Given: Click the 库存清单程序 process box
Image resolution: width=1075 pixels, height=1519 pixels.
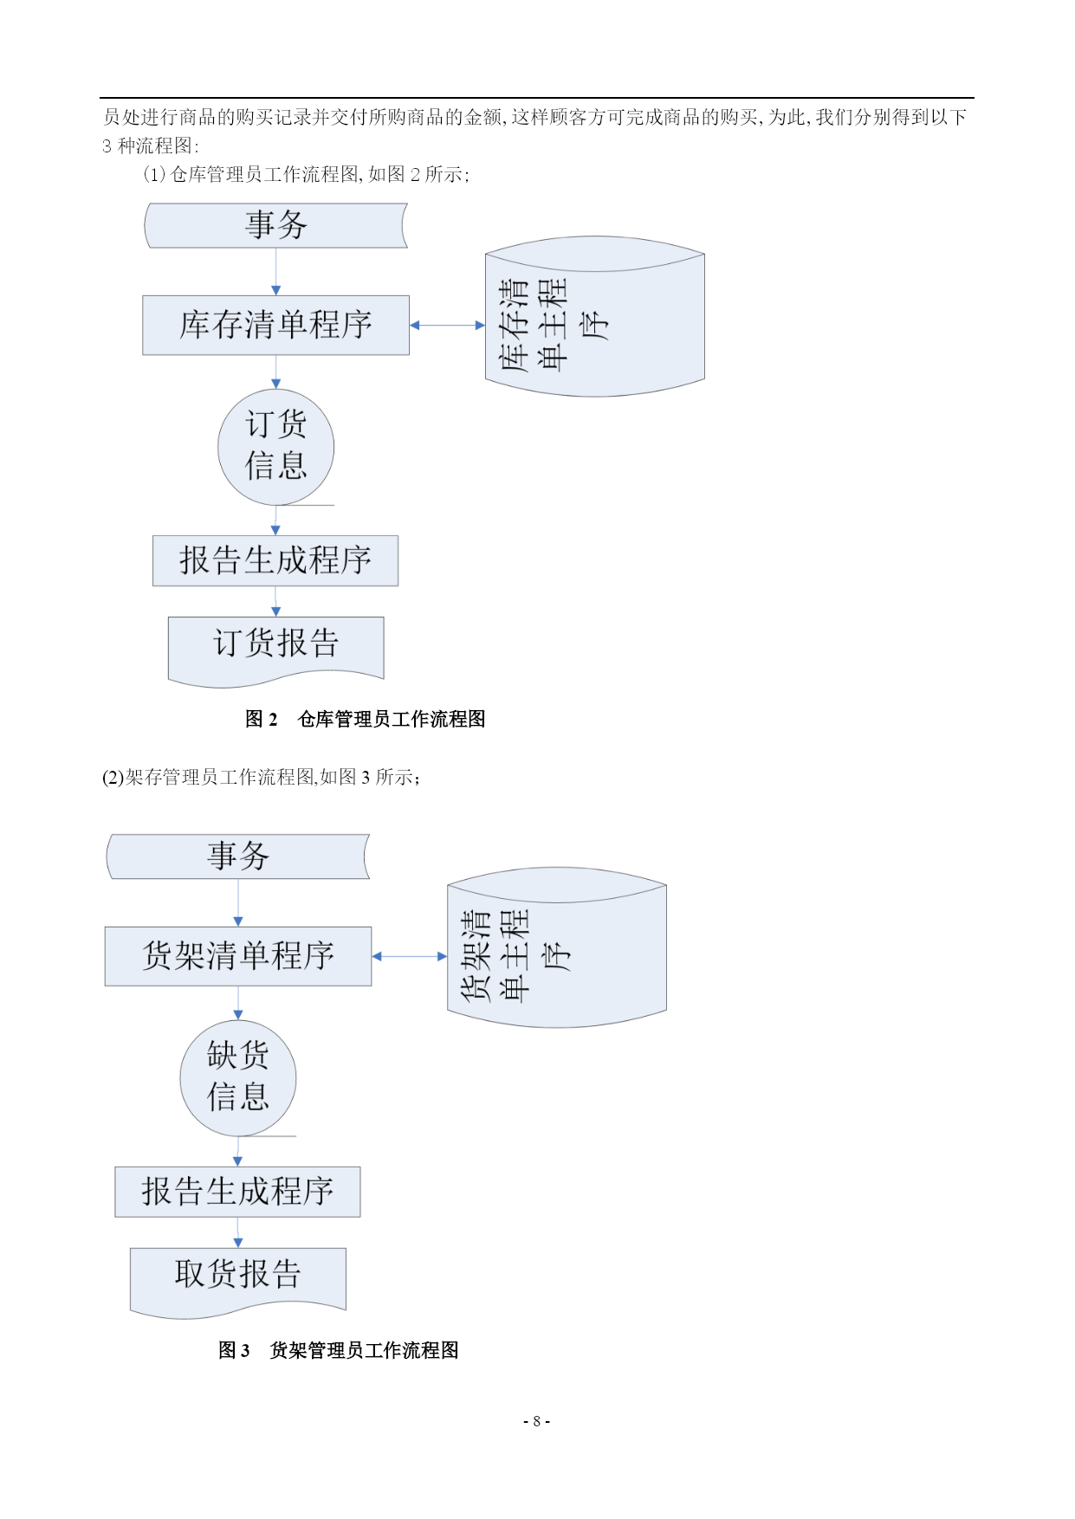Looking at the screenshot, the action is (275, 326).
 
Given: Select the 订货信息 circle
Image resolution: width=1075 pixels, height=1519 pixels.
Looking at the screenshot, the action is (275, 447).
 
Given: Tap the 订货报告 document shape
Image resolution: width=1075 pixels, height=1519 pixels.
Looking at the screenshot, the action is (275, 650).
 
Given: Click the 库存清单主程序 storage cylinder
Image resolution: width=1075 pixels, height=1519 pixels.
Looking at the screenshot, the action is (594, 317).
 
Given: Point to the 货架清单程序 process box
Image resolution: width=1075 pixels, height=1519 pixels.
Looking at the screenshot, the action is (238, 956).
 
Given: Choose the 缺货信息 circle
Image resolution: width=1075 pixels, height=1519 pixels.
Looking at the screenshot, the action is (238, 1078).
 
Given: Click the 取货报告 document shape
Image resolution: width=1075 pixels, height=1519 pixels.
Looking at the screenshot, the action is (238, 1281).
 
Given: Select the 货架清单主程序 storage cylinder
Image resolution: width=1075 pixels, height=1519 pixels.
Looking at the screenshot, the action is (557, 947).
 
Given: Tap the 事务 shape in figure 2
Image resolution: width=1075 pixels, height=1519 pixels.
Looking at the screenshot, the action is (275, 225).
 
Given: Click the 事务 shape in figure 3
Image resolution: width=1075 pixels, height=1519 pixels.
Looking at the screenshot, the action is (238, 856).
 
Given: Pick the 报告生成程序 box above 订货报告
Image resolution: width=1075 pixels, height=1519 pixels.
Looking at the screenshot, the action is (275, 560).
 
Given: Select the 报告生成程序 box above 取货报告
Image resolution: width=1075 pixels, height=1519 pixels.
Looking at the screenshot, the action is (238, 1192).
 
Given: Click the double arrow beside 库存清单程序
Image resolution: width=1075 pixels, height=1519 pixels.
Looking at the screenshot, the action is (447, 326).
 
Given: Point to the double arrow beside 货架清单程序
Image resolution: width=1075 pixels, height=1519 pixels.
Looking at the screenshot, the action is (409, 956).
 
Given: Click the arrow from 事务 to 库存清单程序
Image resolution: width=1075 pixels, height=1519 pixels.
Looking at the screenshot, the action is (275, 272).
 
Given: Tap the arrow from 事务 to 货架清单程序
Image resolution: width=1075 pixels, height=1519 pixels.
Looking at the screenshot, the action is (238, 903).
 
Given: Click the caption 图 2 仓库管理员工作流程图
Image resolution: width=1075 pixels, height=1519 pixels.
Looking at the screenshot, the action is (365, 719).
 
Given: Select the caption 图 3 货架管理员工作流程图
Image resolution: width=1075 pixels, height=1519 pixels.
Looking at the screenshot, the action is (338, 1350).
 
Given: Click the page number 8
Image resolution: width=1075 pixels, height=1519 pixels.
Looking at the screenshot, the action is (537, 1421).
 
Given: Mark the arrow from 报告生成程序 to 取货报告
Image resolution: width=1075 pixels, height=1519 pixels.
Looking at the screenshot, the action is (238, 1232).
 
